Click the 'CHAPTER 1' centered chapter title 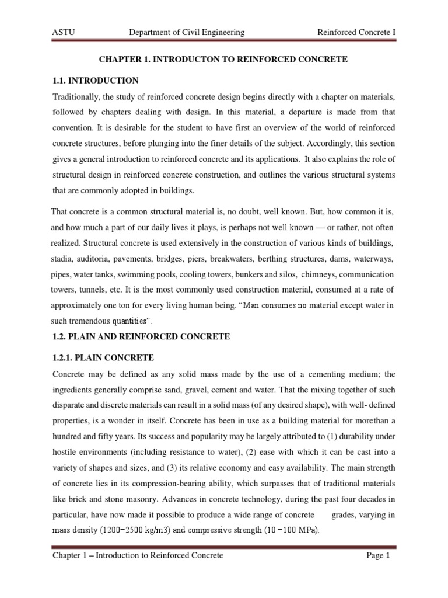pos(223,60)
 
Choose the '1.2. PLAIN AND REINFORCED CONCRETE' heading pos(141,336)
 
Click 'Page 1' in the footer pos(377,556)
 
